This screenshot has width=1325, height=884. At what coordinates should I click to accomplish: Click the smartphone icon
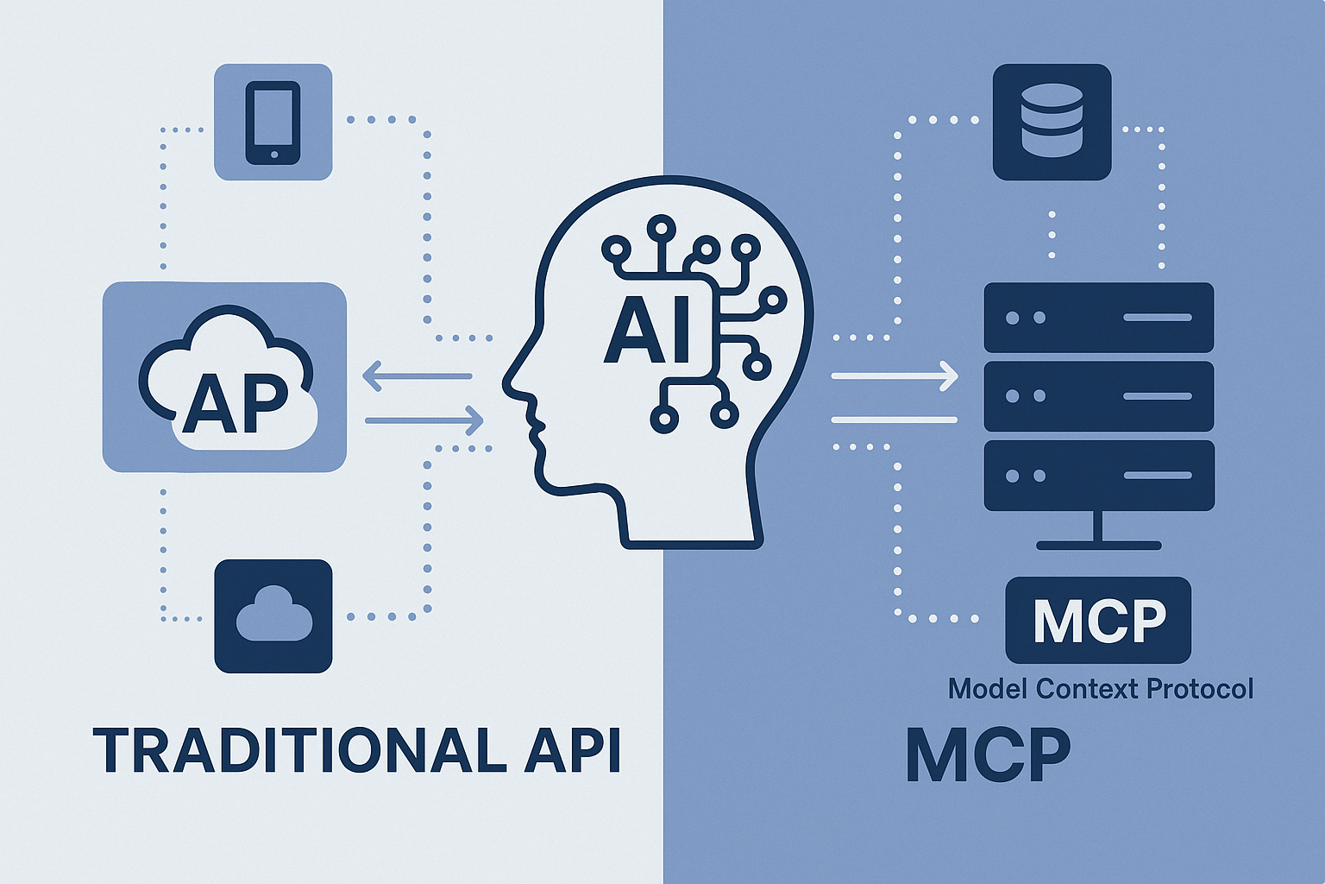tap(273, 122)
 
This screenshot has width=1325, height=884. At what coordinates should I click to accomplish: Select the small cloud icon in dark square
tap(273, 616)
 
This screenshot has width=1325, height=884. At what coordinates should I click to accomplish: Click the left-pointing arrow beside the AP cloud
tap(417, 376)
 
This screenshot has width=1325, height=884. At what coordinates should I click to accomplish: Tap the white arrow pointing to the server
tap(895, 376)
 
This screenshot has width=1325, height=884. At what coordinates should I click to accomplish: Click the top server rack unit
tap(1099, 318)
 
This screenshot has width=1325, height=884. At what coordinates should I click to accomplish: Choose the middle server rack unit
tap(1099, 396)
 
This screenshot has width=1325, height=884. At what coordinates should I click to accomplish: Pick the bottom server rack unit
tap(1099, 476)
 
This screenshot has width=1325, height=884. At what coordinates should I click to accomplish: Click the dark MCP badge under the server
tap(1099, 620)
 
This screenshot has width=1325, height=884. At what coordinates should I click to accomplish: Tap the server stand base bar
tap(1099, 546)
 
